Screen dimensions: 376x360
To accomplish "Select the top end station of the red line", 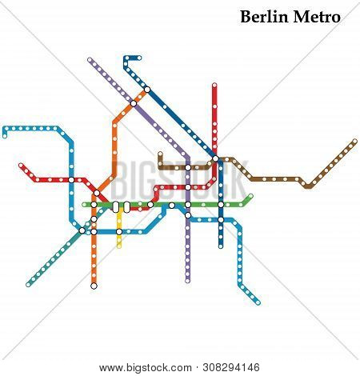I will (214, 85).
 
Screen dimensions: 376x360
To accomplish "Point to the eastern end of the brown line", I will (354, 142).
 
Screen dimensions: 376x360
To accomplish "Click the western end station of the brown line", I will (160, 154).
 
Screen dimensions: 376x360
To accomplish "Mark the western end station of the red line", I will (21, 166).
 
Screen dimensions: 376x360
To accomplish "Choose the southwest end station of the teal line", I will (28, 283).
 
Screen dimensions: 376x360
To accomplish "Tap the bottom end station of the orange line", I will (94, 285).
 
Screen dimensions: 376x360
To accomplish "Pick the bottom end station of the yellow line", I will (119, 246).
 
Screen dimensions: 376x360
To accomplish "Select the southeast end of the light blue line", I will (258, 302).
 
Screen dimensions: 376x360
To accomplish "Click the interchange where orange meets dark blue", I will (146, 89).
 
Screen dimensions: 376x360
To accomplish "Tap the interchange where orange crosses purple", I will (134, 102).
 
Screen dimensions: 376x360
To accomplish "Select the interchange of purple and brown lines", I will (188, 167).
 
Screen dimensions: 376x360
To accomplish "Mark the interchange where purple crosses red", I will (188, 189).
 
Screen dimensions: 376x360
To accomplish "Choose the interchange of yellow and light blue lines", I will (119, 232).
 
